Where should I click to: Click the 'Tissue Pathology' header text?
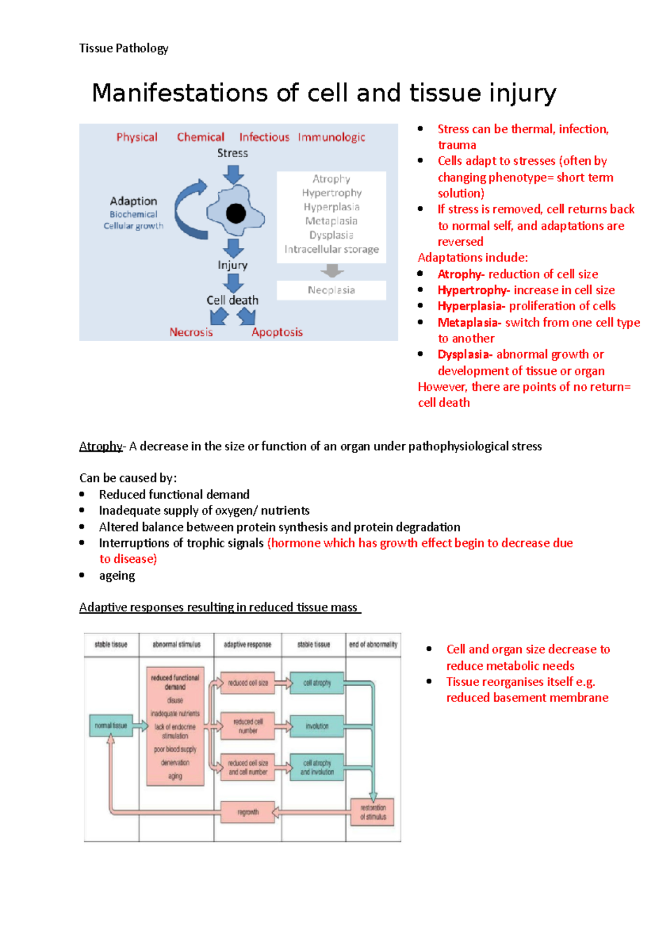(x=123, y=48)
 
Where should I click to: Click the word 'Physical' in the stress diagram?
(x=136, y=137)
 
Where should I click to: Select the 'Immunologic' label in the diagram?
(x=331, y=137)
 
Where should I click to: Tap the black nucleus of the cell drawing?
(x=236, y=213)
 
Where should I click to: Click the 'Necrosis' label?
(x=191, y=332)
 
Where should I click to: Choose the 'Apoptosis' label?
(x=277, y=332)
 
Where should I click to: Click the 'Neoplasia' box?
(x=331, y=290)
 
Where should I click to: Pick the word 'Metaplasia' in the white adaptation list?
(x=331, y=221)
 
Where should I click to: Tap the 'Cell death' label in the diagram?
(x=233, y=300)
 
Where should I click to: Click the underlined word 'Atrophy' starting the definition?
(x=101, y=446)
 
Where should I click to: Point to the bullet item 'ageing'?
(x=117, y=575)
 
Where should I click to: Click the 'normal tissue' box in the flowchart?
(x=111, y=726)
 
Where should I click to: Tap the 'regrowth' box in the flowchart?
(x=248, y=812)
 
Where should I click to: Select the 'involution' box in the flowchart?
(x=317, y=726)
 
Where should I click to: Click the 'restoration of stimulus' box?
(x=373, y=812)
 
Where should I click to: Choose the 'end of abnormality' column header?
(x=373, y=644)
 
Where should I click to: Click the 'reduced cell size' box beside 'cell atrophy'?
(x=248, y=683)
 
